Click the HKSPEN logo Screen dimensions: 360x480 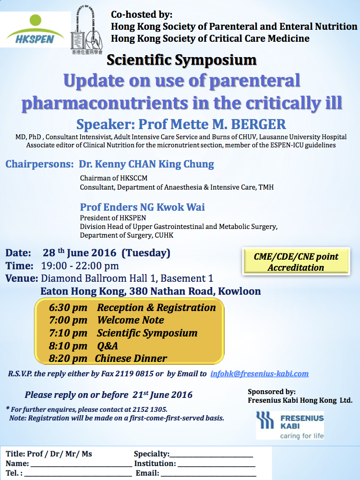click(35, 29)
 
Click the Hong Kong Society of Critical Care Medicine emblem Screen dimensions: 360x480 click(87, 30)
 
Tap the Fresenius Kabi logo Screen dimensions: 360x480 click(290, 425)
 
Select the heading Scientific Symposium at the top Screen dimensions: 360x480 click(181, 60)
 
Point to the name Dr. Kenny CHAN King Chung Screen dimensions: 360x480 click(146, 164)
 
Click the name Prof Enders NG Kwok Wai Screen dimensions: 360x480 click(143, 207)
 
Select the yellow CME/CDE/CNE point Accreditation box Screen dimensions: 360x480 click(296, 262)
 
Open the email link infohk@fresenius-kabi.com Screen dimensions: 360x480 click(259, 374)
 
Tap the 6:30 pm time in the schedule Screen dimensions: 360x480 click(68, 308)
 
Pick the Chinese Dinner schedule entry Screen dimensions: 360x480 click(131, 359)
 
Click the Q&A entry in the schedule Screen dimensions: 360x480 click(108, 346)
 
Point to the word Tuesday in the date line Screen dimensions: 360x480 click(146, 253)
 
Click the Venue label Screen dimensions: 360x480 click(22, 278)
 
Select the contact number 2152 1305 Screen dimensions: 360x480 click(150, 409)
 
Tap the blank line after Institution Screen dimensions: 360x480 click(216, 466)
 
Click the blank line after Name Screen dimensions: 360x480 click(82, 466)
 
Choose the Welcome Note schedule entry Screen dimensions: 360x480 click(131, 320)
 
